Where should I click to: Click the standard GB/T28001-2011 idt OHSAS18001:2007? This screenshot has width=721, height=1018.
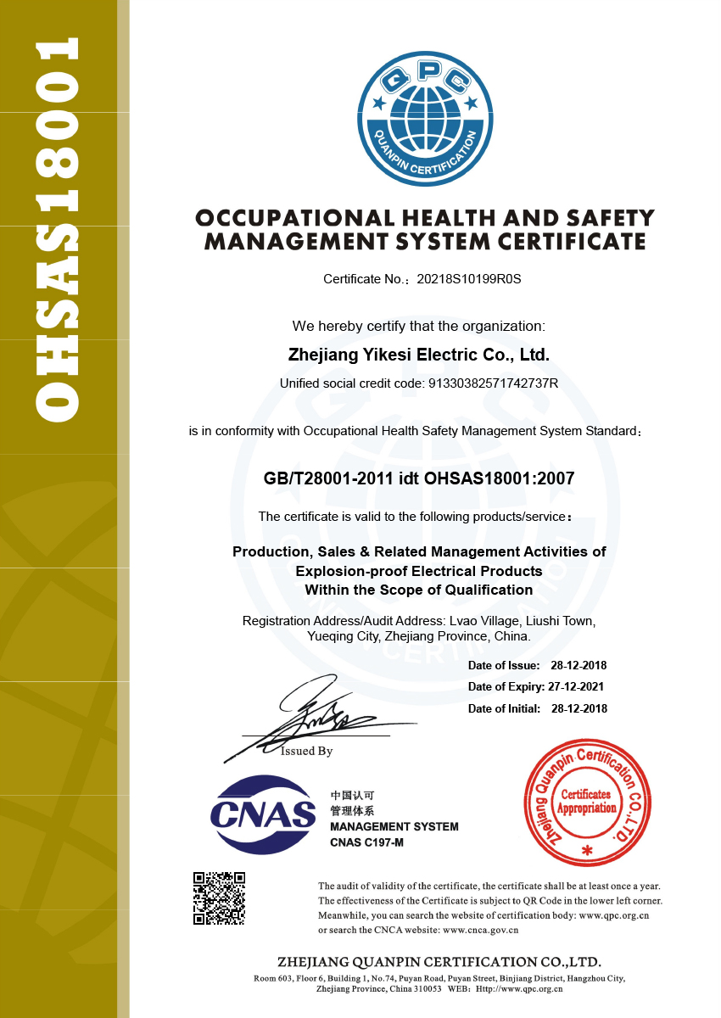pyautogui.click(x=419, y=478)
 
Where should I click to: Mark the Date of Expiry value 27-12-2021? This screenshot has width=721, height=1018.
pyautogui.click(x=575, y=687)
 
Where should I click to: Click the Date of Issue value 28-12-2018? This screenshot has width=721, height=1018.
pyautogui.click(x=578, y=665)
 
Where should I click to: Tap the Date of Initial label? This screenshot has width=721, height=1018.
pyautogui.click(x=504, y=708)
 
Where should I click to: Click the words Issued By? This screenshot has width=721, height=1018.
pyautogui.click(x=307, y=751)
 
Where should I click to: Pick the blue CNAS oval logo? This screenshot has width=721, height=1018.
pyautogui.click(x=264, y=814)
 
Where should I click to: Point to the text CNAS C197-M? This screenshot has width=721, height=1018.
pyautogui.click(x=366, y=842)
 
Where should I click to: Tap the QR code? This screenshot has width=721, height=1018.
pyautogui.click(x=219, y=898)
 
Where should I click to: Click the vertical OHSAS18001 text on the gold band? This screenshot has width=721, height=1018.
pyautogui.click(x=59, y=229)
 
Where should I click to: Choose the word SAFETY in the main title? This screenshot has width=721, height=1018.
pyautogui.click(x=611, y=218)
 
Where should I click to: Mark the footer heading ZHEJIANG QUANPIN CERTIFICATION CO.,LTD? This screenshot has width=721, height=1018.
pyautogui.click(x=439, y=962)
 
